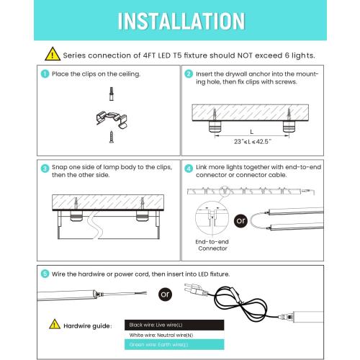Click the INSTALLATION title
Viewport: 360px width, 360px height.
click(x=180, y=19)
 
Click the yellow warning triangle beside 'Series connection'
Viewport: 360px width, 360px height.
click(x=53, y=54)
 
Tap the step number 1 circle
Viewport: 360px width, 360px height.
click(x=45, y=74)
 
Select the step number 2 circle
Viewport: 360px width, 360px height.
click(x=189, y=74)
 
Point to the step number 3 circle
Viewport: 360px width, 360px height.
click(x=45, y=168)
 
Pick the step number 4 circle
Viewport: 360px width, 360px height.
click(x=189, y=168)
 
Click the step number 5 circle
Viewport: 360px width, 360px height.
click(x=45, y=274)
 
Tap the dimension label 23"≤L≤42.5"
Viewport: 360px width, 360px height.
click(x=250, y=143)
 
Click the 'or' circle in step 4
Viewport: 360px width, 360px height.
click(x=241, y=220)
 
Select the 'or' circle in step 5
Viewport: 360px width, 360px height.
click(x=166, y=294)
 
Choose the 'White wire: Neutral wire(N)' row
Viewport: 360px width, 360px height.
click(x=160, y=336)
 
